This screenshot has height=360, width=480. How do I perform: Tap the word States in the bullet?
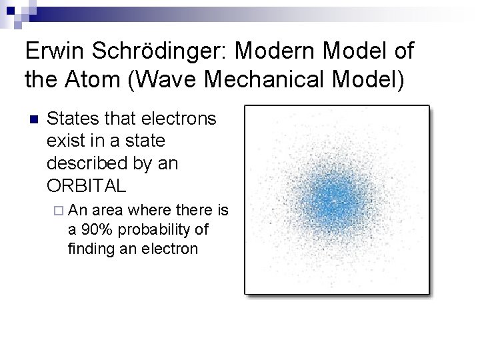tap(70, 119)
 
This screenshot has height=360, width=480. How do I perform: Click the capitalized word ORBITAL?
tap(87, 185)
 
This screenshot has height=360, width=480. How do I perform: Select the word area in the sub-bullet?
tap(108, 211)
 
